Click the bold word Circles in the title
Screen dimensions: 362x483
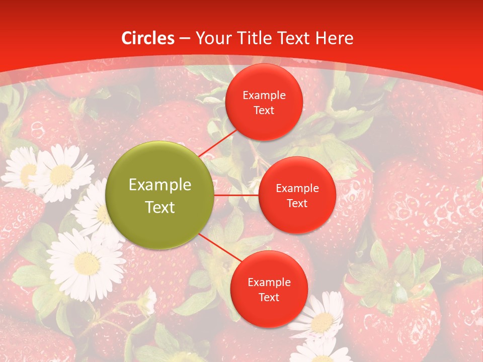[147, 38]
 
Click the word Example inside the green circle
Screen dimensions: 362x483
[160, 185]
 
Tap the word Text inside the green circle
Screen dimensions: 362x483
[160, 207]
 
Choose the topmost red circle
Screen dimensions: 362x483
[264, 102]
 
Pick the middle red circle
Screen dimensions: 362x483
[297, 195]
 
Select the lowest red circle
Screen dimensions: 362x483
[269, 289]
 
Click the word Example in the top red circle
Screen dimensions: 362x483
[264, 96]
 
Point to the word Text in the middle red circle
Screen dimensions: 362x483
[297, 203]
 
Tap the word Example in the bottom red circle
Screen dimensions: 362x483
[269, 283]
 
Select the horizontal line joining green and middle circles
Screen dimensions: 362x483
[236, 195]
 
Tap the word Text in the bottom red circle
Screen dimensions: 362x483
[269, 298]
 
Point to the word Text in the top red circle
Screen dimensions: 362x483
[264, 111]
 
